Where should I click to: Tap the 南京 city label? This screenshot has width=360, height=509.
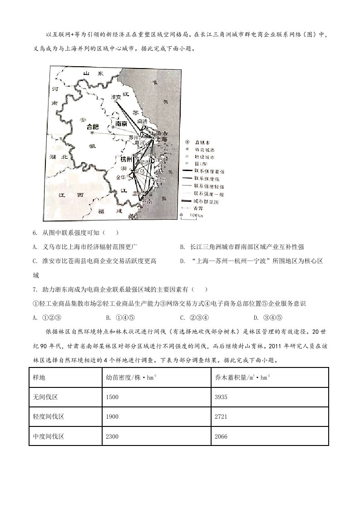[x=120, y=123]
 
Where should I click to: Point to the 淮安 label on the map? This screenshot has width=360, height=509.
[x=116, y=97]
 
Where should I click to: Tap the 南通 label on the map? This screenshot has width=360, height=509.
[x=142, y=121]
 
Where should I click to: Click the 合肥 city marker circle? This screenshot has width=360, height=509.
[x=92, y=133]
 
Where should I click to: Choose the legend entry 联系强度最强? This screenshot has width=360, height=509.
[x=200, y=171]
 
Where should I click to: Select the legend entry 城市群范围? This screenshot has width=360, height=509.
[x=200, y=201]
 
